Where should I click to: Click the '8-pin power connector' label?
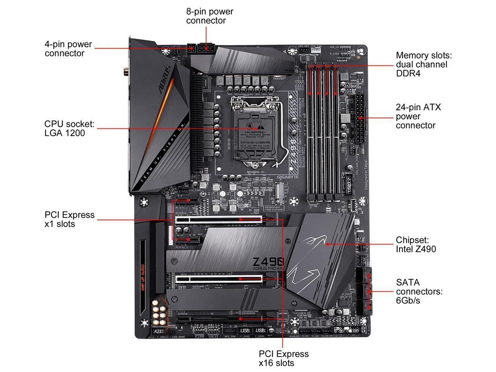210,16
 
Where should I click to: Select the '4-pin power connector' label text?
68,49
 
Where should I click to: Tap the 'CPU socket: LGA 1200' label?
69,129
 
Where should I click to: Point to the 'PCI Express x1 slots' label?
69,219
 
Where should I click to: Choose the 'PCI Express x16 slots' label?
284,358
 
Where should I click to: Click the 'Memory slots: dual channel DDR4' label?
424,64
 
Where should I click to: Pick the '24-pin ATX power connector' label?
418,116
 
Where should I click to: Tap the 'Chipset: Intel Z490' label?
415,245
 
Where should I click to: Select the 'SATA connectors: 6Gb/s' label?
419,291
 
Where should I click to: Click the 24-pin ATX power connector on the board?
359,118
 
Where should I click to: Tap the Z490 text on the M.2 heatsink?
268,262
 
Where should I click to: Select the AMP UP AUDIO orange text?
143,278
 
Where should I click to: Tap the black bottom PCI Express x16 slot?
229,319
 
